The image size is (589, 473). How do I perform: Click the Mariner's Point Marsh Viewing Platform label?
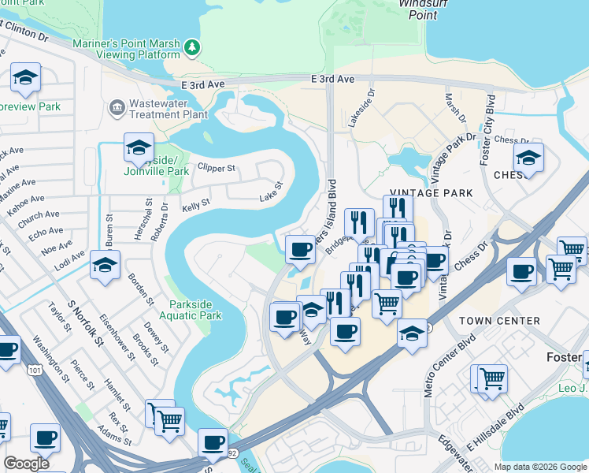126,49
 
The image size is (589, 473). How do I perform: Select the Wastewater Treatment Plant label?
168,107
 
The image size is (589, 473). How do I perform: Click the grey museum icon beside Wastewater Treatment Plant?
117,106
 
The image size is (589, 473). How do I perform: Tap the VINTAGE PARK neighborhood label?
432,192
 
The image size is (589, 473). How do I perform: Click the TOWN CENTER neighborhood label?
500,321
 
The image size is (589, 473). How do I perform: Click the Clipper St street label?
217,168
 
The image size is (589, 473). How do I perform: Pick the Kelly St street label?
196,203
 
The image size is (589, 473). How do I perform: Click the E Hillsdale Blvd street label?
497,426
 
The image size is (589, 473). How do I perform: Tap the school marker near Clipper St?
139,147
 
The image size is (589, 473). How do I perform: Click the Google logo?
27,464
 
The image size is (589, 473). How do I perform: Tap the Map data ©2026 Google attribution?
539,466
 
